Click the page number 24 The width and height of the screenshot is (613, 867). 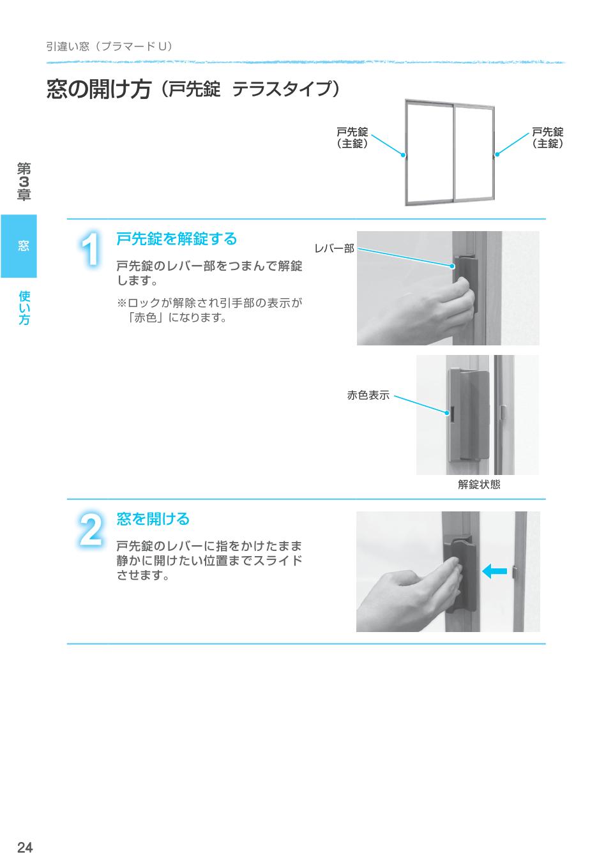click(25, 847)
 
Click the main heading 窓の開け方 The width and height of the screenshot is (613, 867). click(98, 89)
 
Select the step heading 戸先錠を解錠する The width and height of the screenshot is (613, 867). click(176, 239)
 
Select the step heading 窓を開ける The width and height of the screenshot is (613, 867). click(153, 519)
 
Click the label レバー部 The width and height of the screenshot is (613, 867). click(334, 248)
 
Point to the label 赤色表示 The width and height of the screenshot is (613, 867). click(368, 395)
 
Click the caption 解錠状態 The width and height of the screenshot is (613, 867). click(479, 485)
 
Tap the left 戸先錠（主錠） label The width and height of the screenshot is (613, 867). click(352, 138)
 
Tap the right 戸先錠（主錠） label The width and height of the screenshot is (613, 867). click(548, 138)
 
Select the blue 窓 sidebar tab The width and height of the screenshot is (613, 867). click(19, 246)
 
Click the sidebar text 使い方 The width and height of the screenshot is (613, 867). click(24, 308)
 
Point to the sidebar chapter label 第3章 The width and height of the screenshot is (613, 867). click(24, 182)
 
